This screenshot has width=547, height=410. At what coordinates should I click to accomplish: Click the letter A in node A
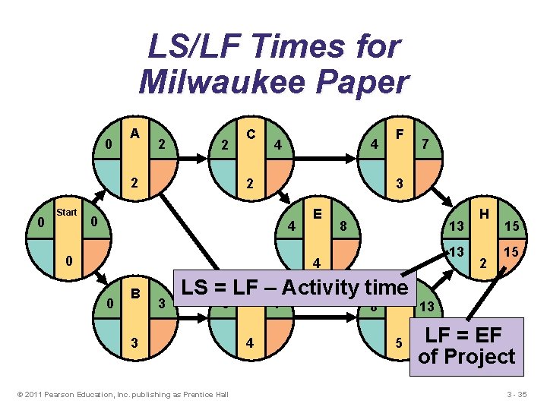click(134, 133)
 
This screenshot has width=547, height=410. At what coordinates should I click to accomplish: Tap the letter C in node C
click(250, 133)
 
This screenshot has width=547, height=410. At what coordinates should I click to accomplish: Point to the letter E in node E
click(318, 213)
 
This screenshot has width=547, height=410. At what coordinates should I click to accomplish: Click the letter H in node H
click(482, 215)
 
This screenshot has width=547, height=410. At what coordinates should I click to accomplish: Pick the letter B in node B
click(134, 292)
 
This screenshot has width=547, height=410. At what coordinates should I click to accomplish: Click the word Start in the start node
click(67, 213)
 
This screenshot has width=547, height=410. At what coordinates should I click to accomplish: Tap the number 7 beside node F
click(425, 143)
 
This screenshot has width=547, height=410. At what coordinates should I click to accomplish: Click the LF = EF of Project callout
click(466, 346)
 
